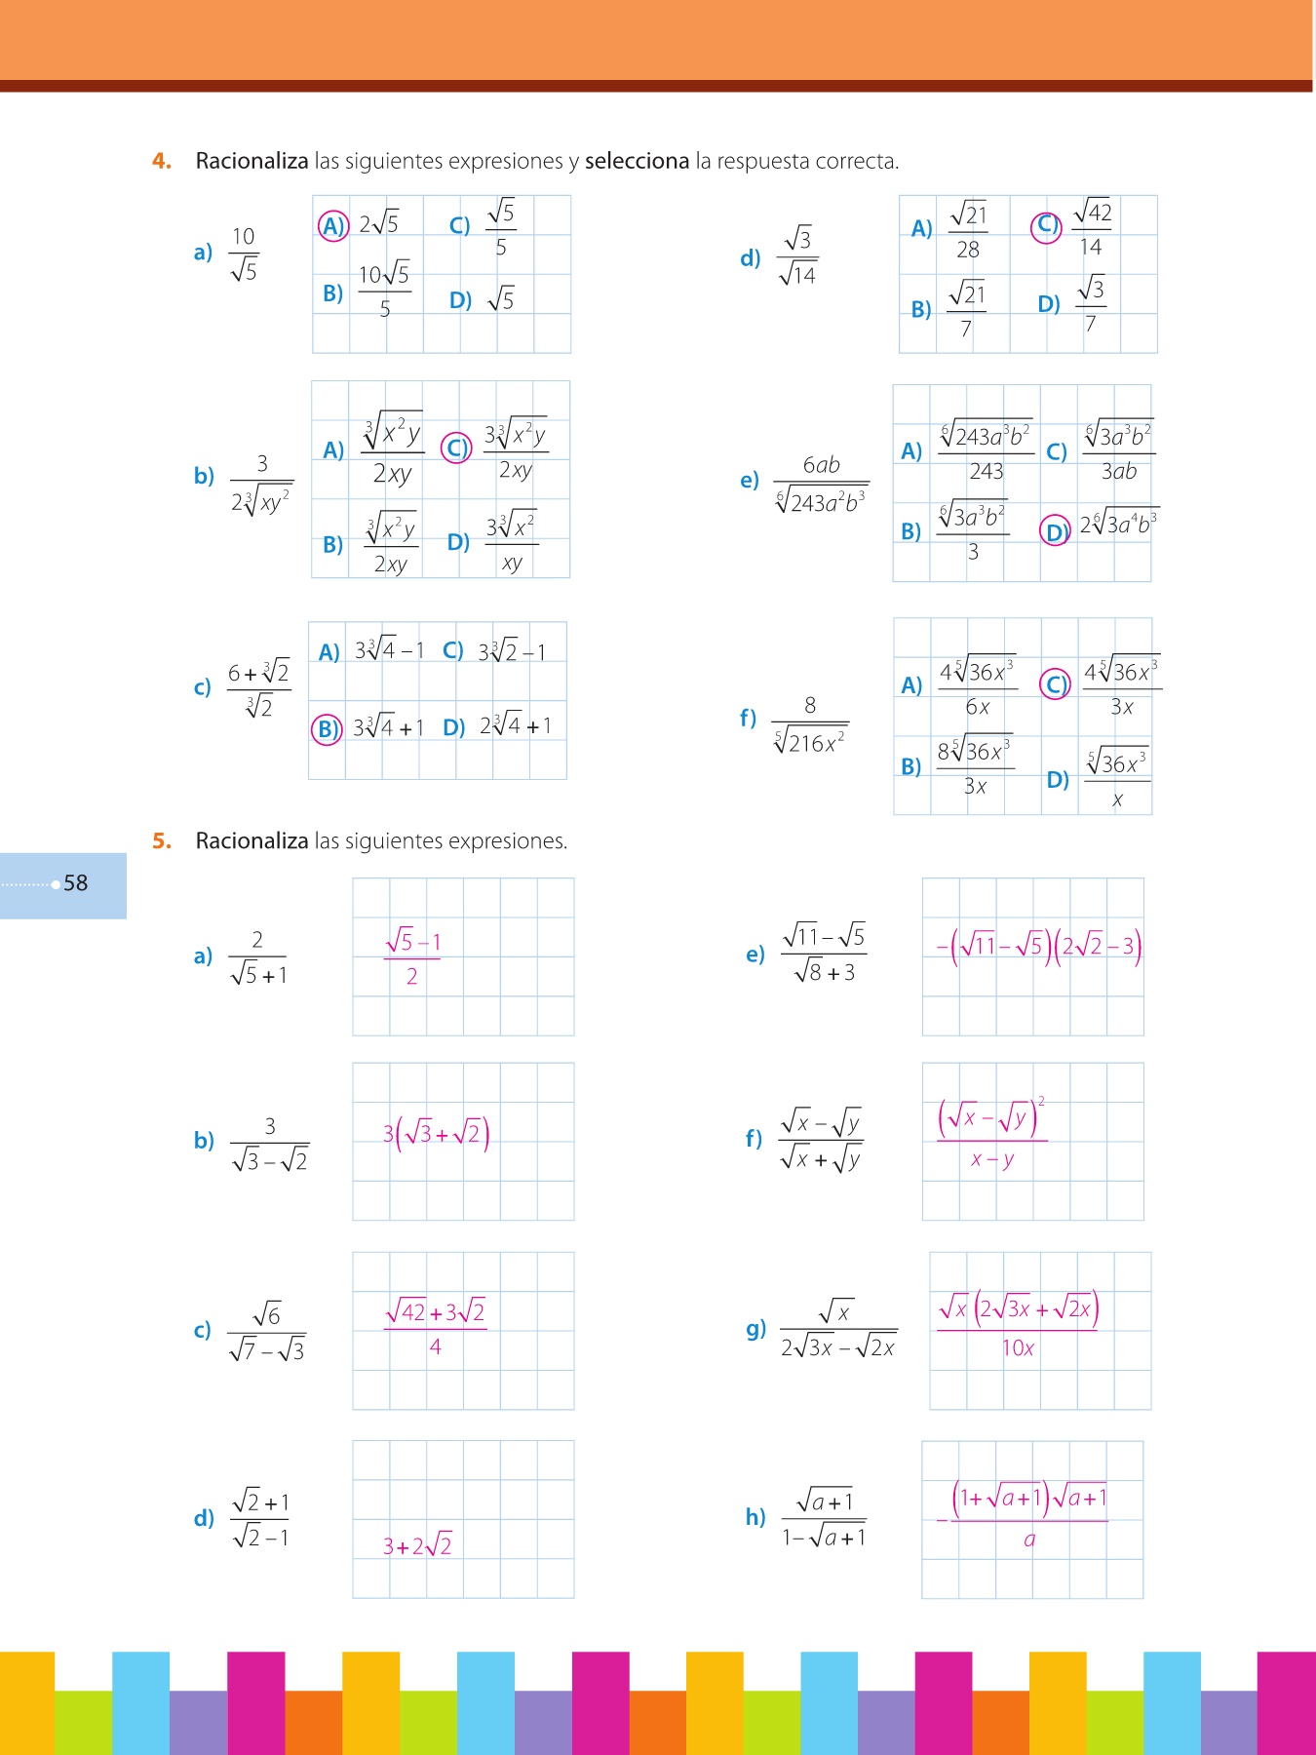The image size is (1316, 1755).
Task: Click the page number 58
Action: (75, 883)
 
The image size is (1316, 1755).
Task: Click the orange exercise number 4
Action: (162, 161)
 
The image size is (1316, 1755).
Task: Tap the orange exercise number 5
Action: (162, 840)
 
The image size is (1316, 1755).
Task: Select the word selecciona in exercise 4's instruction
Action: (637, 161)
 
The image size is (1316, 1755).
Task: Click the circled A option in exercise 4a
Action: (333, 226)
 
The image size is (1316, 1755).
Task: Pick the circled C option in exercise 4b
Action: (456, 448)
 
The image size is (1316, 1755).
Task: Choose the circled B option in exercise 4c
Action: (327, 728)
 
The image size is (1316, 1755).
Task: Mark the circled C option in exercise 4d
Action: (1046, 226)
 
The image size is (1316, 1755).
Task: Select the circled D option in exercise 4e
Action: (1055, 530)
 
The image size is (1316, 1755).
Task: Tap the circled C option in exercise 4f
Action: (1055, 684)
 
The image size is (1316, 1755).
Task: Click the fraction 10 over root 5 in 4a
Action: (244, 253)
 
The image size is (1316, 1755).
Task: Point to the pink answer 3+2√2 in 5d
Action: (417, 1545)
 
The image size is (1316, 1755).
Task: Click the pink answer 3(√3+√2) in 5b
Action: (436, 1134)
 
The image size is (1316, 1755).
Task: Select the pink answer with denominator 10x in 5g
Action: (1018, 1326)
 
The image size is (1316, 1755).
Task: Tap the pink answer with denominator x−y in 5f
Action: (991, 1136)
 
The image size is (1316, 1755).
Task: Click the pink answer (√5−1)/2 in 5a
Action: (412, 958)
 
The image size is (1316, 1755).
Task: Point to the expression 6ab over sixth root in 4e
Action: (821, 484)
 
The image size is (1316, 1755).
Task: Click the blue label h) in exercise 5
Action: (755, 1517)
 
